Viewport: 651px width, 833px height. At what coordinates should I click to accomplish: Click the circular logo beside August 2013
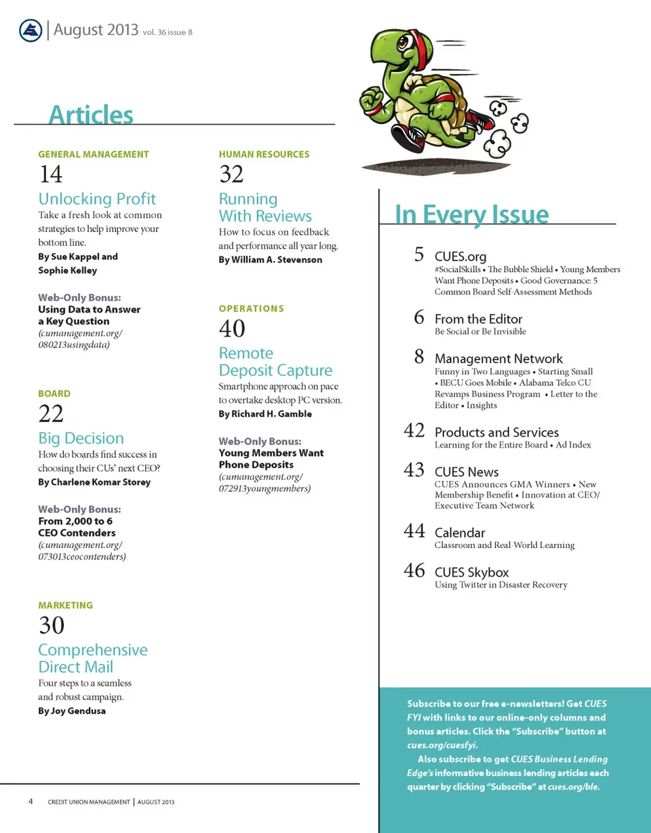point(31,31)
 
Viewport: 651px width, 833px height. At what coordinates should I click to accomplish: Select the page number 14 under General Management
point(51,175)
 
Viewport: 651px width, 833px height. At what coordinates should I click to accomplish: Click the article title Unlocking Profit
point(97,199)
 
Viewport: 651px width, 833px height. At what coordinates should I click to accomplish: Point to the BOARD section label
point(54,393)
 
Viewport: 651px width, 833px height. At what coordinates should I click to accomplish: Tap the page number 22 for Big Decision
point(51,414)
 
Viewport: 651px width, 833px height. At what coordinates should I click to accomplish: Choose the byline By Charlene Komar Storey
point(94,482)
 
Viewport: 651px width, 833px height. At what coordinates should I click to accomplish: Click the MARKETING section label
point(66,605)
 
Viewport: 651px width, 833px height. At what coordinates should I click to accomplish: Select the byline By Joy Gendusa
point(72,711)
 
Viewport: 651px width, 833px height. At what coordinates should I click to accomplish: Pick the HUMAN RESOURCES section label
point(264,154)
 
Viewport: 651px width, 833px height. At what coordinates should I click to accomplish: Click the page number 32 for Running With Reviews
point(231,175)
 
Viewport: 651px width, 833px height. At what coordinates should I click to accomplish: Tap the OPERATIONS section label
point(252,309)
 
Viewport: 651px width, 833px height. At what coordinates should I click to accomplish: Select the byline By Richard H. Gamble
point(265,414)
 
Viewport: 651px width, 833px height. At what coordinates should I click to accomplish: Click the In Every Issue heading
point(472,214)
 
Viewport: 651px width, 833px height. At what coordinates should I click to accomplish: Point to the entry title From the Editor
point(478,319)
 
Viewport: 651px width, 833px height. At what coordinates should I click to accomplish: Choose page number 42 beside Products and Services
point(414,431)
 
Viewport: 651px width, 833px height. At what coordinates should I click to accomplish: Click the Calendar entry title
point(460,532)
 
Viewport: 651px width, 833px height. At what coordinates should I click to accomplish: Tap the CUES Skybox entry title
point(471,573)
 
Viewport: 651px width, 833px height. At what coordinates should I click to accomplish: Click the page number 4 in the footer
point(31,802)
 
